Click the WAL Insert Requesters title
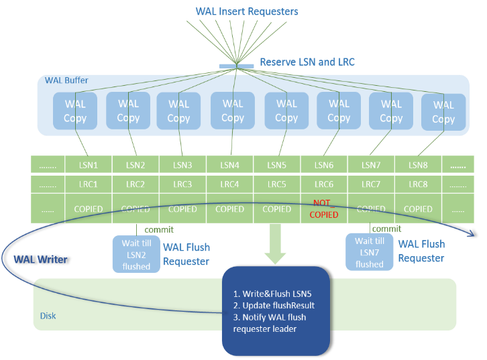pyautogui.click(x=247, y=11)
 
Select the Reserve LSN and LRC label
pyautogui.click(x=307, y=62)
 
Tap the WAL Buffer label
pyautogui.click(x=66, y=80)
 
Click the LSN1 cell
pyautogui.click(x=89, y=165)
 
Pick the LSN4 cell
pyautogui.click(x=229, y=165)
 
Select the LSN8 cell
pyautogui.click(x=417, y=165)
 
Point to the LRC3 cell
pyautogui.click(x=182, y=184)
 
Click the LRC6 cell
pyautogui.click(x=323, y=184)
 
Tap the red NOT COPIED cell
pyautogui.click(x=323, y=208)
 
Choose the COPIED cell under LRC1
pyautogui.click(x=89, y=209)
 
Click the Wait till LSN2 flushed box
pyautogui.click(x=136, y=253)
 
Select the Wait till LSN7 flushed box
pyautogui.click(x=370, y=252)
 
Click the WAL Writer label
pyautogui.click(x=40, y=259)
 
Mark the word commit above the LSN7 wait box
pyautogui.click(x=386, y=229)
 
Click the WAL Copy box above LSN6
pyautogui.click(x=339, y=111)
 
